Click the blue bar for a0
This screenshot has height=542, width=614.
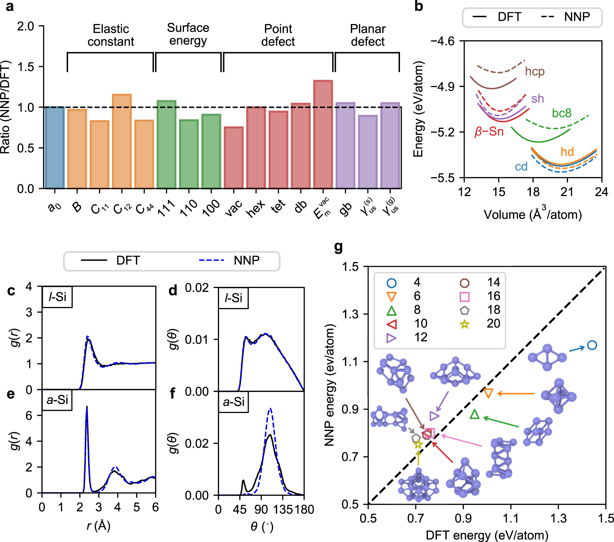54,147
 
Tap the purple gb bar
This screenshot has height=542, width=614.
345,145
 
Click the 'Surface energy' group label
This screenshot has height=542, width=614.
188,34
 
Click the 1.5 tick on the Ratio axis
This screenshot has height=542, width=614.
26,67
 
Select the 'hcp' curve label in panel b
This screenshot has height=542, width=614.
535,72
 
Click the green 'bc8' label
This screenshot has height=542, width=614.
561,113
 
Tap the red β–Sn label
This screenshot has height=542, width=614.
489,132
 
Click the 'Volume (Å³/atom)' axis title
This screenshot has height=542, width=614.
533,214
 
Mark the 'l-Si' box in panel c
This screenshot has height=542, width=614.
57,297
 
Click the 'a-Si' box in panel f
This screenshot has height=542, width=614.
234,402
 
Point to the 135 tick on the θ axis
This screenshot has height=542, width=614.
282,509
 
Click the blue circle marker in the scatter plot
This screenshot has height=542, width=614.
592,345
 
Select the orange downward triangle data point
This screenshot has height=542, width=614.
488,393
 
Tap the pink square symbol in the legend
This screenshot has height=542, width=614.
465,297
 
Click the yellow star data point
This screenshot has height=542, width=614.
418,444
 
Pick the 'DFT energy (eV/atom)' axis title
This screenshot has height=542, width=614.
487,535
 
